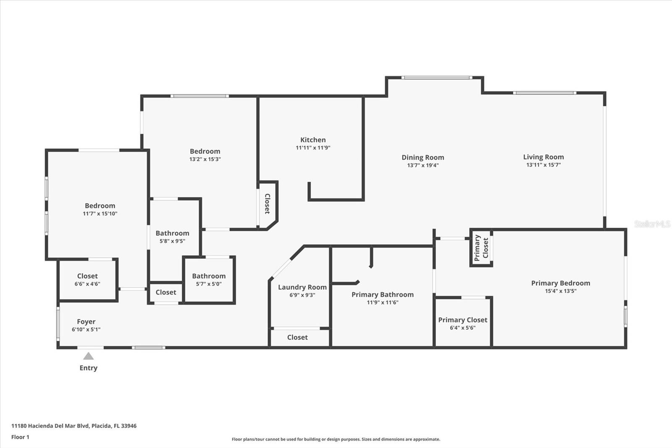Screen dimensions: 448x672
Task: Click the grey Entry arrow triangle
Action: pyautogui.click(x=88, y=356)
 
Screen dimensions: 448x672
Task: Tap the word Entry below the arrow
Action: pyautogui.click(x=88, y=368)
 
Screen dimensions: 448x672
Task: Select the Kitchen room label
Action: pyautogui.click(x=313, y=140)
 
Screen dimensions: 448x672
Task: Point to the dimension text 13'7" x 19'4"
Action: pyautogui.click(x=423, y=165)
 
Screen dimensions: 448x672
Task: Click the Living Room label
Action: pyautogui.click(x=543, y=157)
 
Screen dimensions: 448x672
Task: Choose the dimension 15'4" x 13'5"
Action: pyautogui.click(x=561, y=291)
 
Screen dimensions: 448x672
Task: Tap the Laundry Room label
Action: pyautogui.click(x=302, y=287)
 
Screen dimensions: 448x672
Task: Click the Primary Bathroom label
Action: pyautogui.click(x=383, y=295)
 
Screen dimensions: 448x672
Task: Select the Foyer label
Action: pyautogui.click(x=86, y=322)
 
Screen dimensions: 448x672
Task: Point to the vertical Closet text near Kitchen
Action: pyautogui.click(x=267, y=204)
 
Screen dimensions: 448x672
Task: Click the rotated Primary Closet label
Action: pyautogui.click(x=481, y=248)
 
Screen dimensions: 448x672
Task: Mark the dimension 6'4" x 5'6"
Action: pyautogui.click(x=462, y=328)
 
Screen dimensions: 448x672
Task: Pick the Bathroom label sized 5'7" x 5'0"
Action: pyautogui.click(x=209, y=276)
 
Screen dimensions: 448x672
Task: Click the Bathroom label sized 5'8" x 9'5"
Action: pyautogui.click(x=172, y=233)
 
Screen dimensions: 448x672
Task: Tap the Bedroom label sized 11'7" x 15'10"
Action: pyautogui.click(x=100, y=206)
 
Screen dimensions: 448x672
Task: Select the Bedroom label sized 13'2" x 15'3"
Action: pyautogui.click(x=205, y=151)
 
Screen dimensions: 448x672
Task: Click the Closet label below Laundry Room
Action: pyautogui.click(x=297, y=337)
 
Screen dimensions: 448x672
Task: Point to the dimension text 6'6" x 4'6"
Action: pyautogui.click(x=87, y=284)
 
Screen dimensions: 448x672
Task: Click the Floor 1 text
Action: pyautogui.click(x=20, y=437)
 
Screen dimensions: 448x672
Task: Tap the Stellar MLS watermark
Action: pyautogui.click(x=652, y=224)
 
